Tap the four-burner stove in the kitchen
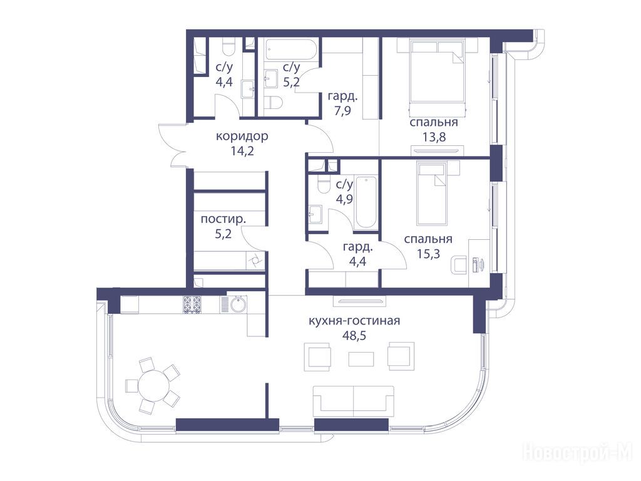click(192, 305)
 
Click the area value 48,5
click(354, 336)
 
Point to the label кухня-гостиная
click(354, 321)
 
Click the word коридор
click(242, 136)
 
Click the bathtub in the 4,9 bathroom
click(366, 202)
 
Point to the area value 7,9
click(342, 111)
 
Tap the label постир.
click(223, 219)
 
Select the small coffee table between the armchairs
click(361, 359)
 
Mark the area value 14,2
click(242, 151)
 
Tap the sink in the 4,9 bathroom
click(315, 214)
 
